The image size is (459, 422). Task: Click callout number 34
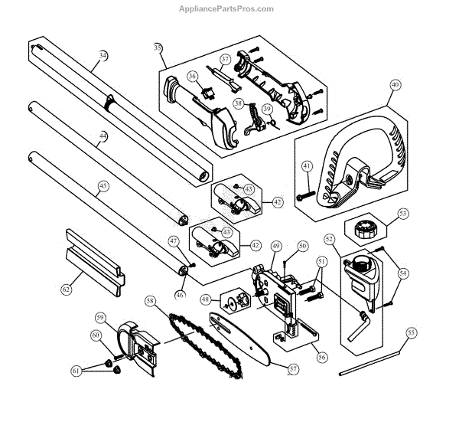click(x=103, y=55)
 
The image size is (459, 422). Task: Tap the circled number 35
click(x=158, y=48)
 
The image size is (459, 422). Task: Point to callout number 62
click(x=66, y=290)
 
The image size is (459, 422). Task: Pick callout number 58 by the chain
click(x=150, y=301)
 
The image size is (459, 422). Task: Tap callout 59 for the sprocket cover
click(x=100, y=317)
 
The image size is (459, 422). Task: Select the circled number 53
click(x=403, y=213)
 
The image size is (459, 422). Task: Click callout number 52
click(x=330, y=239)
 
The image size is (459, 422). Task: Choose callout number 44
click(x=103, y=136)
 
